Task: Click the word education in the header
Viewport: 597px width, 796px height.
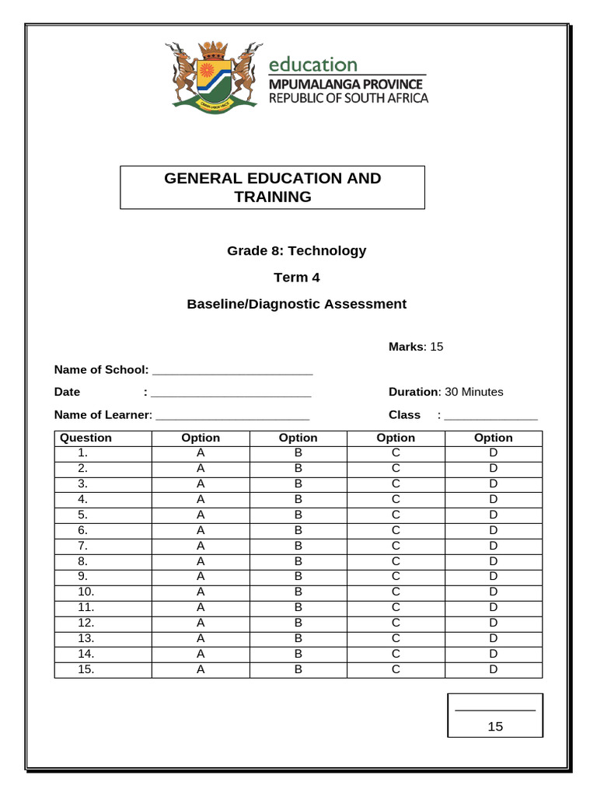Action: [313, 65]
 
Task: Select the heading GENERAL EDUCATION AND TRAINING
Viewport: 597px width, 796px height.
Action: [272, 187]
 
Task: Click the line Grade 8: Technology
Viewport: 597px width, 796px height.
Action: [296, 250]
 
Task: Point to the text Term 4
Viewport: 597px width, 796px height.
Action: [296, 278]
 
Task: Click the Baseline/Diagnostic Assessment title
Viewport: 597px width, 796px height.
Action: [296, 304]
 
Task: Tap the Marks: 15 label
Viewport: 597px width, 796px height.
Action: [416, 347]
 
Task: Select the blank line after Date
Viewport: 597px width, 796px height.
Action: [232, 393]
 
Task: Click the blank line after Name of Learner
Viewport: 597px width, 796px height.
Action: [232, 416]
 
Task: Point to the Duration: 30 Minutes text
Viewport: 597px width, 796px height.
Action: [445, 392]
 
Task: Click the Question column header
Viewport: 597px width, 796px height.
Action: [86, 438]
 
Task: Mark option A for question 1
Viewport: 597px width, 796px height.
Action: [201, 452]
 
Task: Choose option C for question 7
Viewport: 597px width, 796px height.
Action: [396, 546]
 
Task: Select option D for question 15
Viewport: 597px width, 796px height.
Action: [493, 669]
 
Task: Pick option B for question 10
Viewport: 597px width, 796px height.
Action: [298, 592]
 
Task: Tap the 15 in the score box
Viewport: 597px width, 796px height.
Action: [495, 727]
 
